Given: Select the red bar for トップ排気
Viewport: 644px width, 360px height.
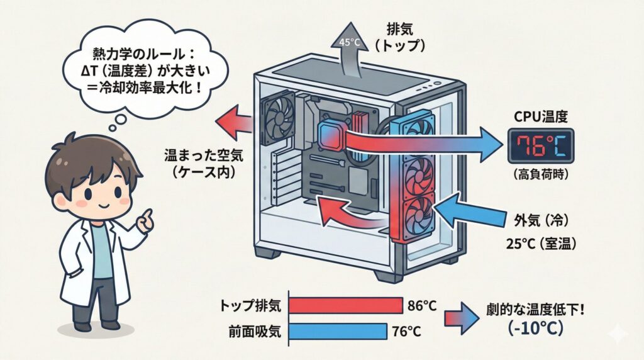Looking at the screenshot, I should tap(345, 305).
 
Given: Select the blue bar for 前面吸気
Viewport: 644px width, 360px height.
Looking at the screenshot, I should tap(337, 330).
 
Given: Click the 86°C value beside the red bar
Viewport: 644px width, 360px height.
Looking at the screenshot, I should tap(423, 306).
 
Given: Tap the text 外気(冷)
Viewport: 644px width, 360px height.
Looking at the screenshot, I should tap(543, 220).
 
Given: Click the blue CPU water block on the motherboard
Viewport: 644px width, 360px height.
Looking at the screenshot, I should tap(331, 134).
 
